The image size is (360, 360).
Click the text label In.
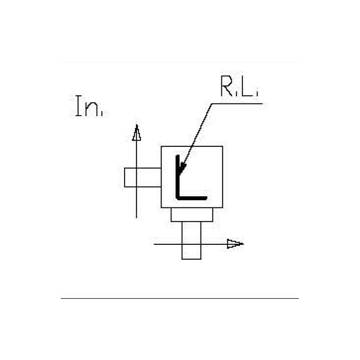coord(88,106)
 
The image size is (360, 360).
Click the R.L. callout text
coord(238,87)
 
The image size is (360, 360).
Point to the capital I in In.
coord(78,106)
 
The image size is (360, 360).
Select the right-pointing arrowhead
coord(234,244)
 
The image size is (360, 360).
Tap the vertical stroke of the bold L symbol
coord(178,178)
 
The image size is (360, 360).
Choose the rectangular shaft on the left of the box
coord(142,177)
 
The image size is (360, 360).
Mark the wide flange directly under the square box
coord(191,215)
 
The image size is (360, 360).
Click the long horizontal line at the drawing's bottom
coord(180,298)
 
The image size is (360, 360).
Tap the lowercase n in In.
coord(94,109)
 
